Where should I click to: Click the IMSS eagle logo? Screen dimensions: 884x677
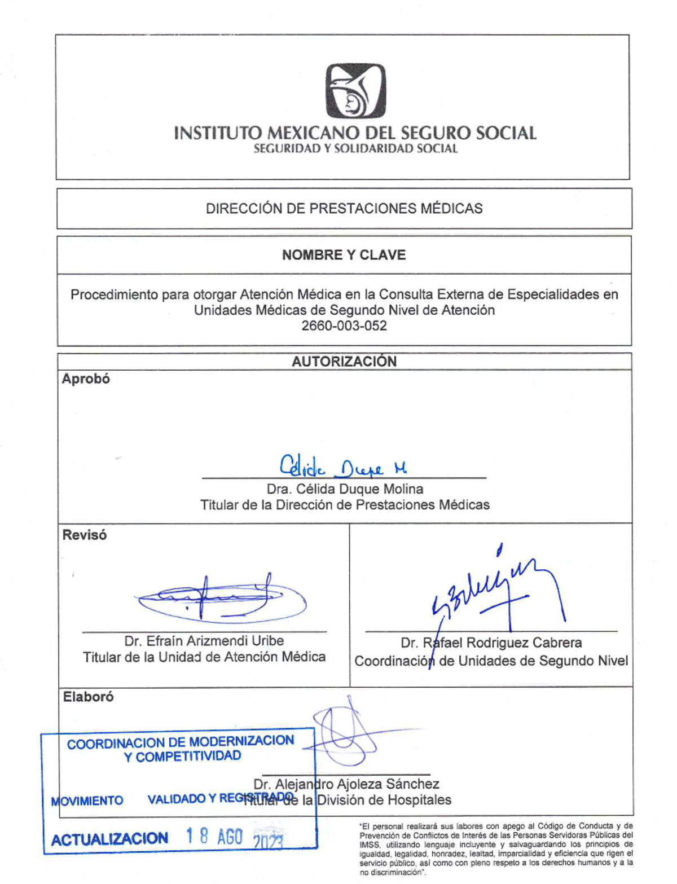[x=355, y=91]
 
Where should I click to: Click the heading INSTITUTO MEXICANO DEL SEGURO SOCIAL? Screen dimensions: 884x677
[x=355, y=133]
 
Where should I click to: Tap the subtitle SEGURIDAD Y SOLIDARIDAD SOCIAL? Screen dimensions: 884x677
[x=355, y=149]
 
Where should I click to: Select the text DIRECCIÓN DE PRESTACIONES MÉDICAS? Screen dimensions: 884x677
[x=344, y=208]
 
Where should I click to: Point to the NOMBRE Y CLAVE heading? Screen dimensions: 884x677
[x=344, y=255]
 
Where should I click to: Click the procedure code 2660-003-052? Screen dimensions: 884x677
[x=344, y=326]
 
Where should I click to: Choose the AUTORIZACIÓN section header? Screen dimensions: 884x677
[x=344, y=362]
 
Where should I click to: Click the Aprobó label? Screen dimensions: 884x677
[x=86, y=379]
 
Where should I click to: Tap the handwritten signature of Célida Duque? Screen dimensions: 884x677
[x=343, y=467]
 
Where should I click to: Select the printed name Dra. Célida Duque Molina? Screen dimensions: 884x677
[x=345, y=489]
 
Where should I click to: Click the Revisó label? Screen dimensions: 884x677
[x=85, y=535]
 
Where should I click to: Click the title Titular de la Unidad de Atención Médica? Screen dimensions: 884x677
[x=204, y=657]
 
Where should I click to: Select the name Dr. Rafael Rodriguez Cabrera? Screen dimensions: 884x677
[x=491, y=643]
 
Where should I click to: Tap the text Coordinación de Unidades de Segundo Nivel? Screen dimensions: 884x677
[x=491, y=661]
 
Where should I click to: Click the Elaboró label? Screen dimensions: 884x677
[x=88, y=697]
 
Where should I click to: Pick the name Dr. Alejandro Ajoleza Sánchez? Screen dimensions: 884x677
[x=346, y=784]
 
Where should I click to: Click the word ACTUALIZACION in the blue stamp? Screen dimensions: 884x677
[x=109, y=839]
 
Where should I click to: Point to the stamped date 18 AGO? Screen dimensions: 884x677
[x=215, y=837]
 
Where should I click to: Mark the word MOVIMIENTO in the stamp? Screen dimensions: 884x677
[x=87, y=801]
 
